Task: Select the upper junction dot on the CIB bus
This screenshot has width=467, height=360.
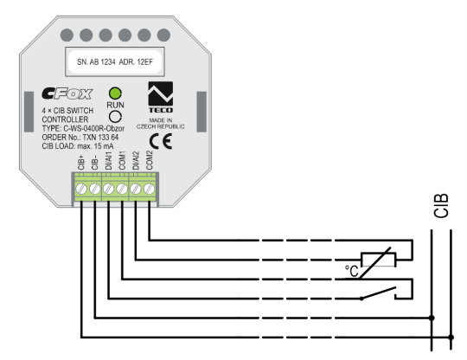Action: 432,318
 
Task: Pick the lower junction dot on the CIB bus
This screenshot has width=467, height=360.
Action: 451,336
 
